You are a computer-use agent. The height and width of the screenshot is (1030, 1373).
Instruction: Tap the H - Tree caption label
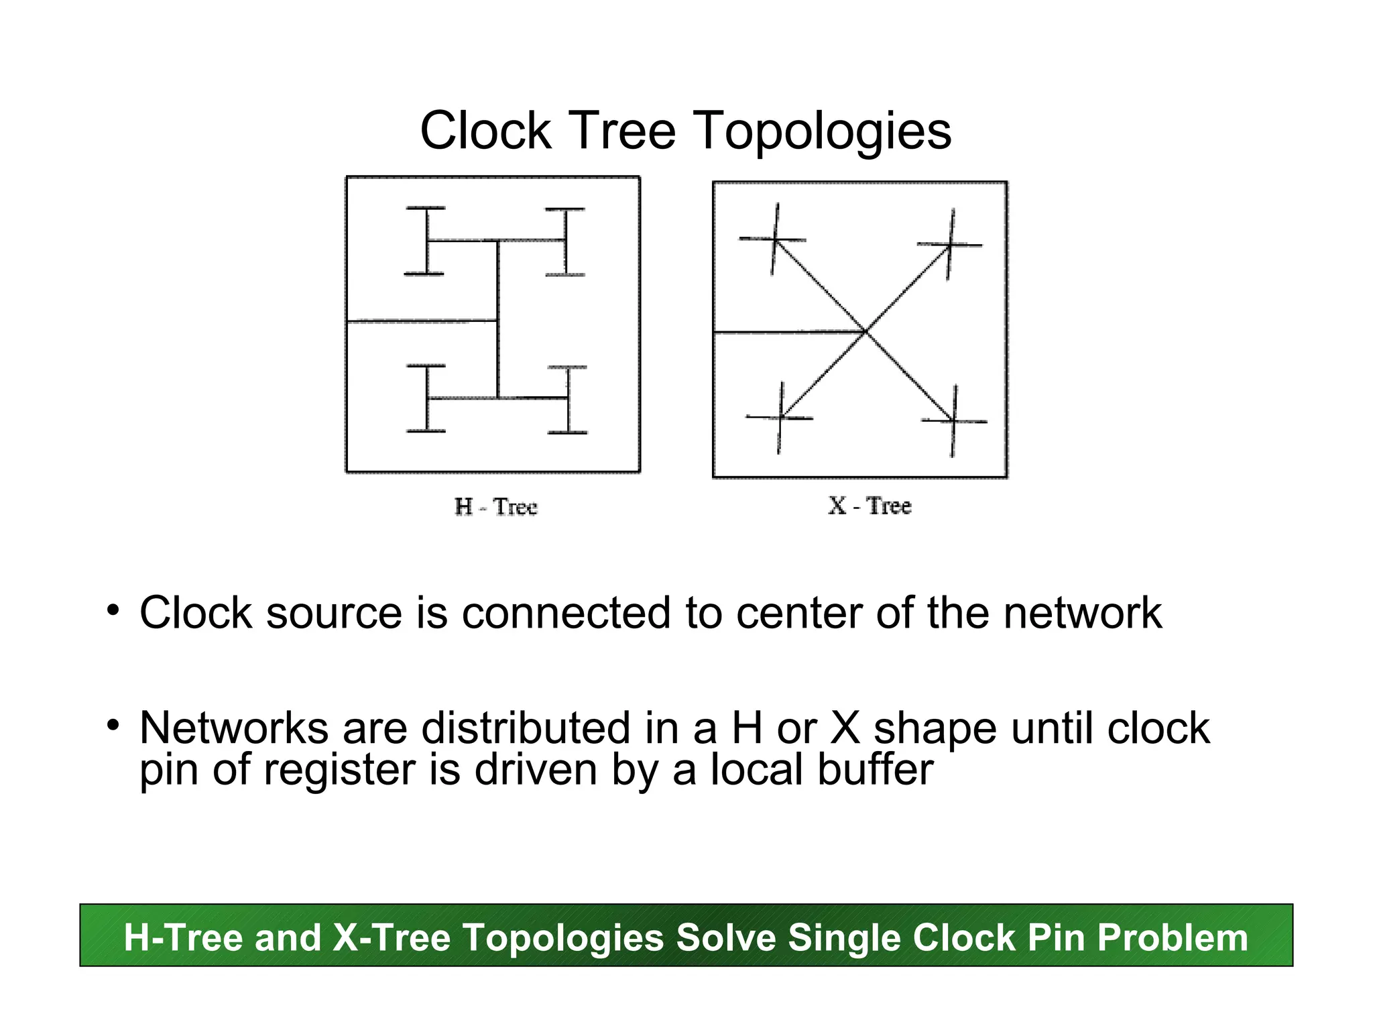[x=496, y=507]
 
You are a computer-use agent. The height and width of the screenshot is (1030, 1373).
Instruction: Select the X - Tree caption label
[x=870, y=506]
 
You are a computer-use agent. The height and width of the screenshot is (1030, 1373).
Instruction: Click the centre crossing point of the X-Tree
[x=865, y=331]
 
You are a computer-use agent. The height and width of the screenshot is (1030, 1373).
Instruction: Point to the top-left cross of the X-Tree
[x=774, y=239]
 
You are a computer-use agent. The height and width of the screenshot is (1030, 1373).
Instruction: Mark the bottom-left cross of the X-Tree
[x=780, y=418]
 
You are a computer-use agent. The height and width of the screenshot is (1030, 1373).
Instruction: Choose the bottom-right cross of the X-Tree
[x=953, y=421]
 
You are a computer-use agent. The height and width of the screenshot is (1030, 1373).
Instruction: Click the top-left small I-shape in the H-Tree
[x=426, y=241]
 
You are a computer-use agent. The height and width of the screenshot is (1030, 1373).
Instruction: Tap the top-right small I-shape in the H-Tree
[x=566, y=241]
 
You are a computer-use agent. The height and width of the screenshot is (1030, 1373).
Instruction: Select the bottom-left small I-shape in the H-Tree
[x=426, y=398]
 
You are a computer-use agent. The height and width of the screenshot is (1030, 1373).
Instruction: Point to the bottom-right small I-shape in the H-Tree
[x=568, y=400]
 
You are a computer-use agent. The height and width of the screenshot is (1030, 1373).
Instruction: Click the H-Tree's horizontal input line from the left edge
[x=422, y=322]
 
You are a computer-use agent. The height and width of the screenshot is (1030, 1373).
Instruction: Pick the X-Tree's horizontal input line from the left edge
[x=788, y=332]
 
